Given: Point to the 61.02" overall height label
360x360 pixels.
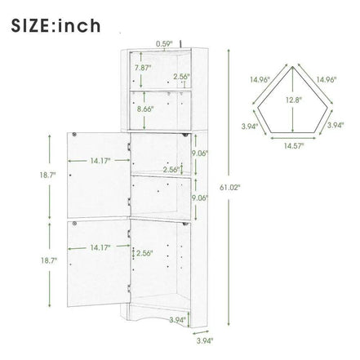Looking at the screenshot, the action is click(229, 188).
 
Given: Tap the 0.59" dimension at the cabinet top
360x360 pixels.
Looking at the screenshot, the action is click(164, 43).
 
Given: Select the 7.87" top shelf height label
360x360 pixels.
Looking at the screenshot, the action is click(143, 68).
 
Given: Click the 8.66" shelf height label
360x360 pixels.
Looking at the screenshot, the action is click(145, 109).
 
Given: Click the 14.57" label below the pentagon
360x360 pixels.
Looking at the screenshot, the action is click(294, 146).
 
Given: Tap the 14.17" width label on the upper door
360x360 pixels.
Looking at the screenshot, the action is click(100, 161).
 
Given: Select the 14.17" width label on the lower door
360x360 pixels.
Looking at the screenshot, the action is click(100, 247).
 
